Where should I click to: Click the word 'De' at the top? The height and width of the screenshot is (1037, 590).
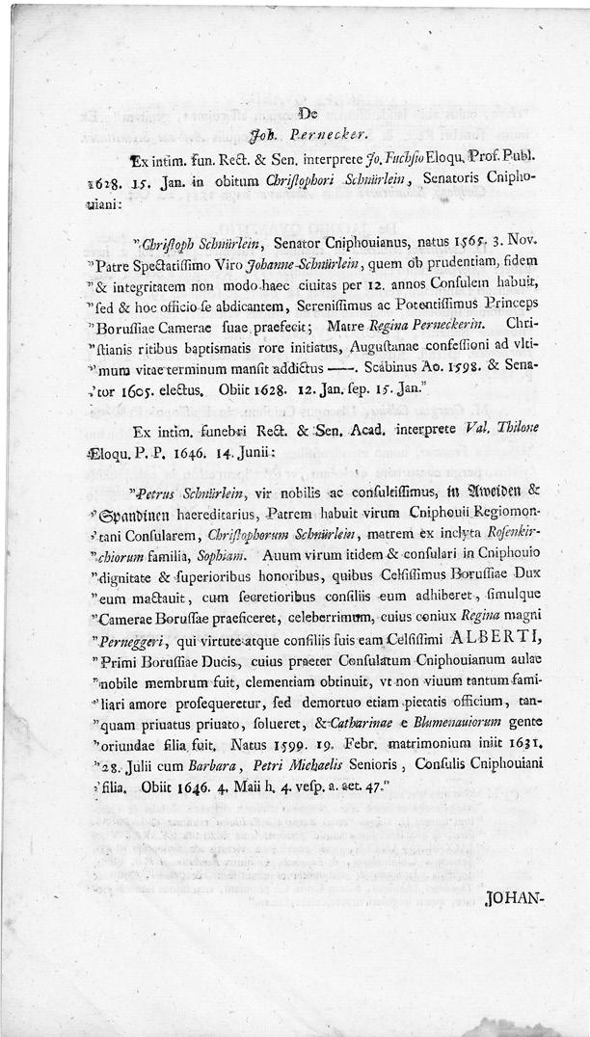coord(295,120)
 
